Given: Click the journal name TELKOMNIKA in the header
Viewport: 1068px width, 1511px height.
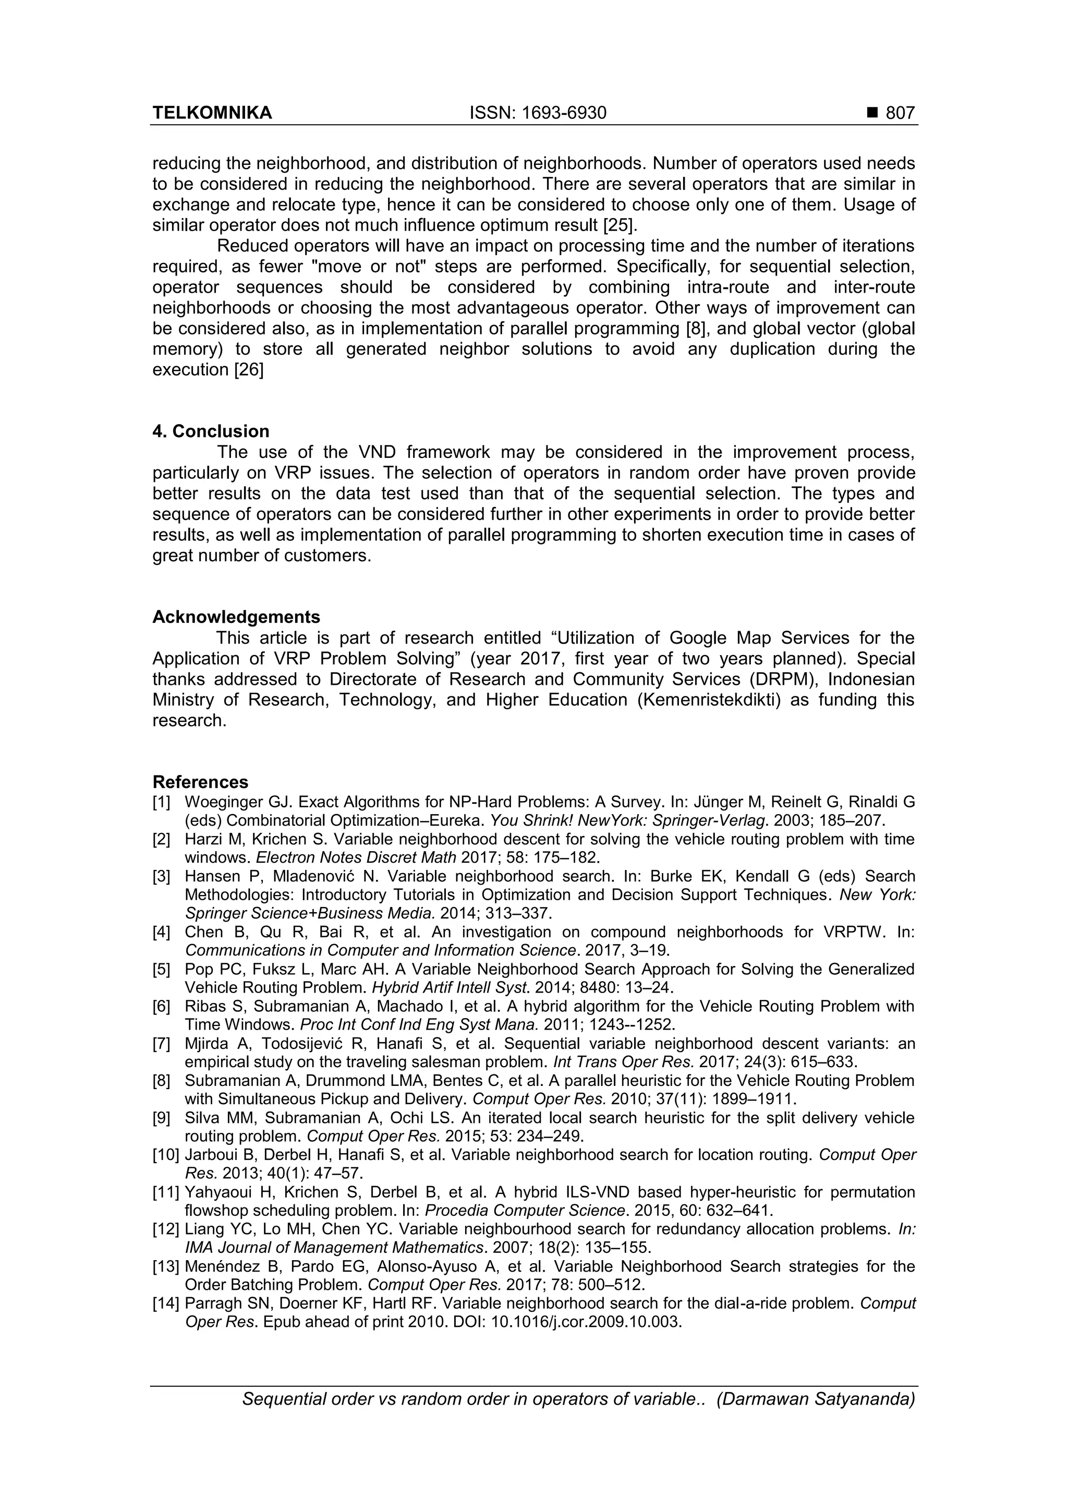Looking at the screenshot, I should (x=212, y=113).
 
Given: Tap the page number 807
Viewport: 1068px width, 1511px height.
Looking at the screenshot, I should (x=900, y=113).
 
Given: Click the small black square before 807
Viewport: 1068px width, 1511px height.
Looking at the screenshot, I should (x=872, y=114).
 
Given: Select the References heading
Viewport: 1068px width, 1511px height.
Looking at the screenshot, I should (x=200, y=782).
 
